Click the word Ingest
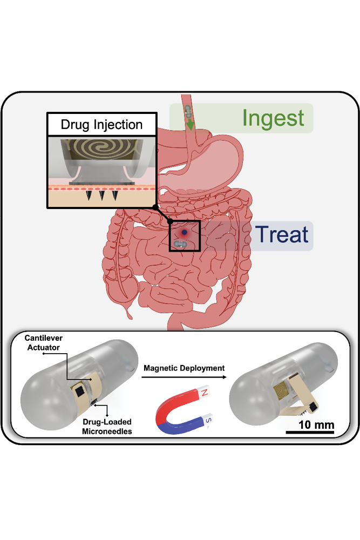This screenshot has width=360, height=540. (x=273, y=119)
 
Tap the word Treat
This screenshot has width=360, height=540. (x=282, y=234)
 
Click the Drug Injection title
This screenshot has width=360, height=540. (x=101, y=125)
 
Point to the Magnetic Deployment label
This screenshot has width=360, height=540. (x=184, y=368)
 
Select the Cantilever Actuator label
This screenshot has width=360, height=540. (x=43, y=343)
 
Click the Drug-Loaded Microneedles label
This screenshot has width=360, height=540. (x=107, y=427)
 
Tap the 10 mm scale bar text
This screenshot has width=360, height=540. (x=316, y=424)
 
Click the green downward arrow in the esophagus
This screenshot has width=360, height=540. (x=189, y=125)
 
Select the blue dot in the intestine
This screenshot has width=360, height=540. (x=185, y=232)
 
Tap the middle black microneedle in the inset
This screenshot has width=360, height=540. (x=101, y=195)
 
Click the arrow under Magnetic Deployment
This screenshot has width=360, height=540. (x=184, y=377)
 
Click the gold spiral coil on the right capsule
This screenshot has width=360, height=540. (x=282, y=390)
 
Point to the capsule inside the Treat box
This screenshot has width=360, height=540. (x=180, y=244)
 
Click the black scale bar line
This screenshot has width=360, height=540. (x=310, y=432)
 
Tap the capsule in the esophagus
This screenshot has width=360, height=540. (x=188, y=111)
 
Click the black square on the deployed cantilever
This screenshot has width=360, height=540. (x=313, y=407)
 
